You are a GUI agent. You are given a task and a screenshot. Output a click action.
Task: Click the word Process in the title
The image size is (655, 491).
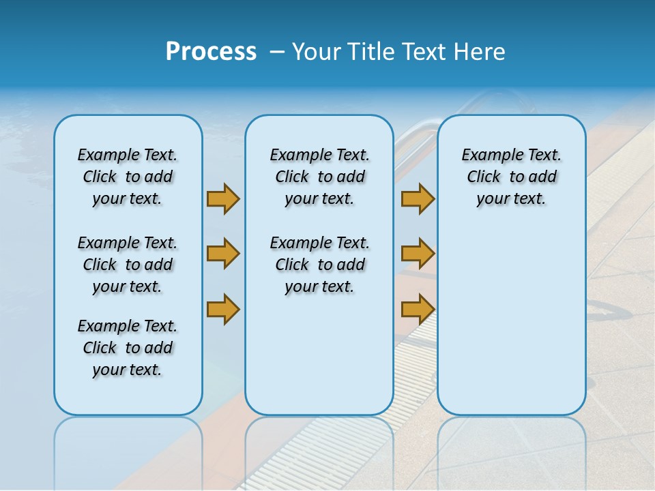pos(211,52)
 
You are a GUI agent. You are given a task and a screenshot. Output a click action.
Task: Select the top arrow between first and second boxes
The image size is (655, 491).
pos(223,198)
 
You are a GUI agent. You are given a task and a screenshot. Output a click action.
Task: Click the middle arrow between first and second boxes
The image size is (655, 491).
pos(223,254)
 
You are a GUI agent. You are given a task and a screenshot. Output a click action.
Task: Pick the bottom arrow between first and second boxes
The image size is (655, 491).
pos(223,309)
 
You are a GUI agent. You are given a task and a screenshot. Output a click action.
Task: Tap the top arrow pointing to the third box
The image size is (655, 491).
pos(418,198)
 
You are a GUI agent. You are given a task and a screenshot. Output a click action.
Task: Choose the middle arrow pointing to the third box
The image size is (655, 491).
pos(418,254)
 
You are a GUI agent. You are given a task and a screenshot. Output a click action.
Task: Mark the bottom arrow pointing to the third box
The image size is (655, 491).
pos(418,309)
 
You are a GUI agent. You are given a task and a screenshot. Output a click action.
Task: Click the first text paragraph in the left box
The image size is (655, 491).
pos(128,177)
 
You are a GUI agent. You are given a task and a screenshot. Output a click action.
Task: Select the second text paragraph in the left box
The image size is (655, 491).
pos(128,265)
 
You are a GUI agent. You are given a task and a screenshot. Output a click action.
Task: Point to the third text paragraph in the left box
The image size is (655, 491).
pos(128,348)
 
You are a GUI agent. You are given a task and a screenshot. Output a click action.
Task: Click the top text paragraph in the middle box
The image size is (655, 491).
pos(319,177)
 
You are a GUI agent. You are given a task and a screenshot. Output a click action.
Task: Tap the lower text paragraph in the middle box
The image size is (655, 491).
pos(319,265)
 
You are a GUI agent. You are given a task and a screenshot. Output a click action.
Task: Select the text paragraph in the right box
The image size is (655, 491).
pos(511,177)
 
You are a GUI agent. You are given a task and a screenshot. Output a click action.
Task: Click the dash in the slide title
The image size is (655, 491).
pos(277,52)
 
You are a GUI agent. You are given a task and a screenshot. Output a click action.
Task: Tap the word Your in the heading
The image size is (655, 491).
pos(317,52)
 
